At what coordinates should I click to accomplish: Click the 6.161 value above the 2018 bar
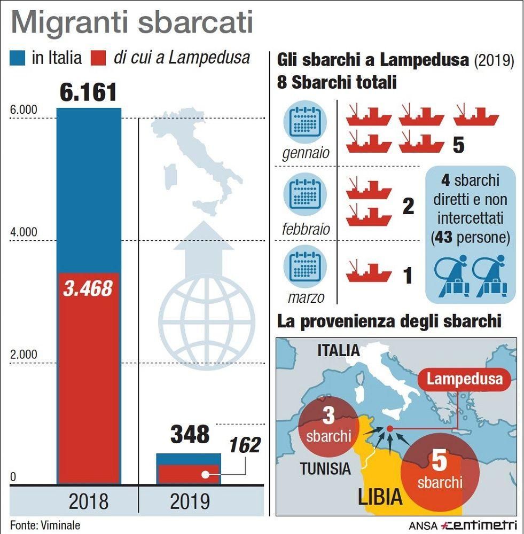pos(88,92)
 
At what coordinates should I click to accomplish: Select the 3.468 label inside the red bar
pos(88,289)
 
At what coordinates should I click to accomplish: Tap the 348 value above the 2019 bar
pos(190,435)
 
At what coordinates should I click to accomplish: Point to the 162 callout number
pos(245,445)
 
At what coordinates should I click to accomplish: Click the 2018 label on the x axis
pos(88,502)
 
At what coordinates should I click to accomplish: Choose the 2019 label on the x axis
pos(190,502)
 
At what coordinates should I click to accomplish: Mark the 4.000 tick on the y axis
pos(24,232)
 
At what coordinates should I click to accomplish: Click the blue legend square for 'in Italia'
pos(19,58)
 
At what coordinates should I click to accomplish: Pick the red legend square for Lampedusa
pos(99,58)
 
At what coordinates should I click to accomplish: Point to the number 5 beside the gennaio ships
pos(458,145)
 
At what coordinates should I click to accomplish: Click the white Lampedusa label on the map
pos(465,379)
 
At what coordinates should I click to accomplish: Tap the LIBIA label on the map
pos(380,497)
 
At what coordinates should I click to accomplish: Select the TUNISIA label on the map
pos(325,469)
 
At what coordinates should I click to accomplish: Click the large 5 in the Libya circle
pos(439,461)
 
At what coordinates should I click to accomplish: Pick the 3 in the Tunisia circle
pos(328,416)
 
